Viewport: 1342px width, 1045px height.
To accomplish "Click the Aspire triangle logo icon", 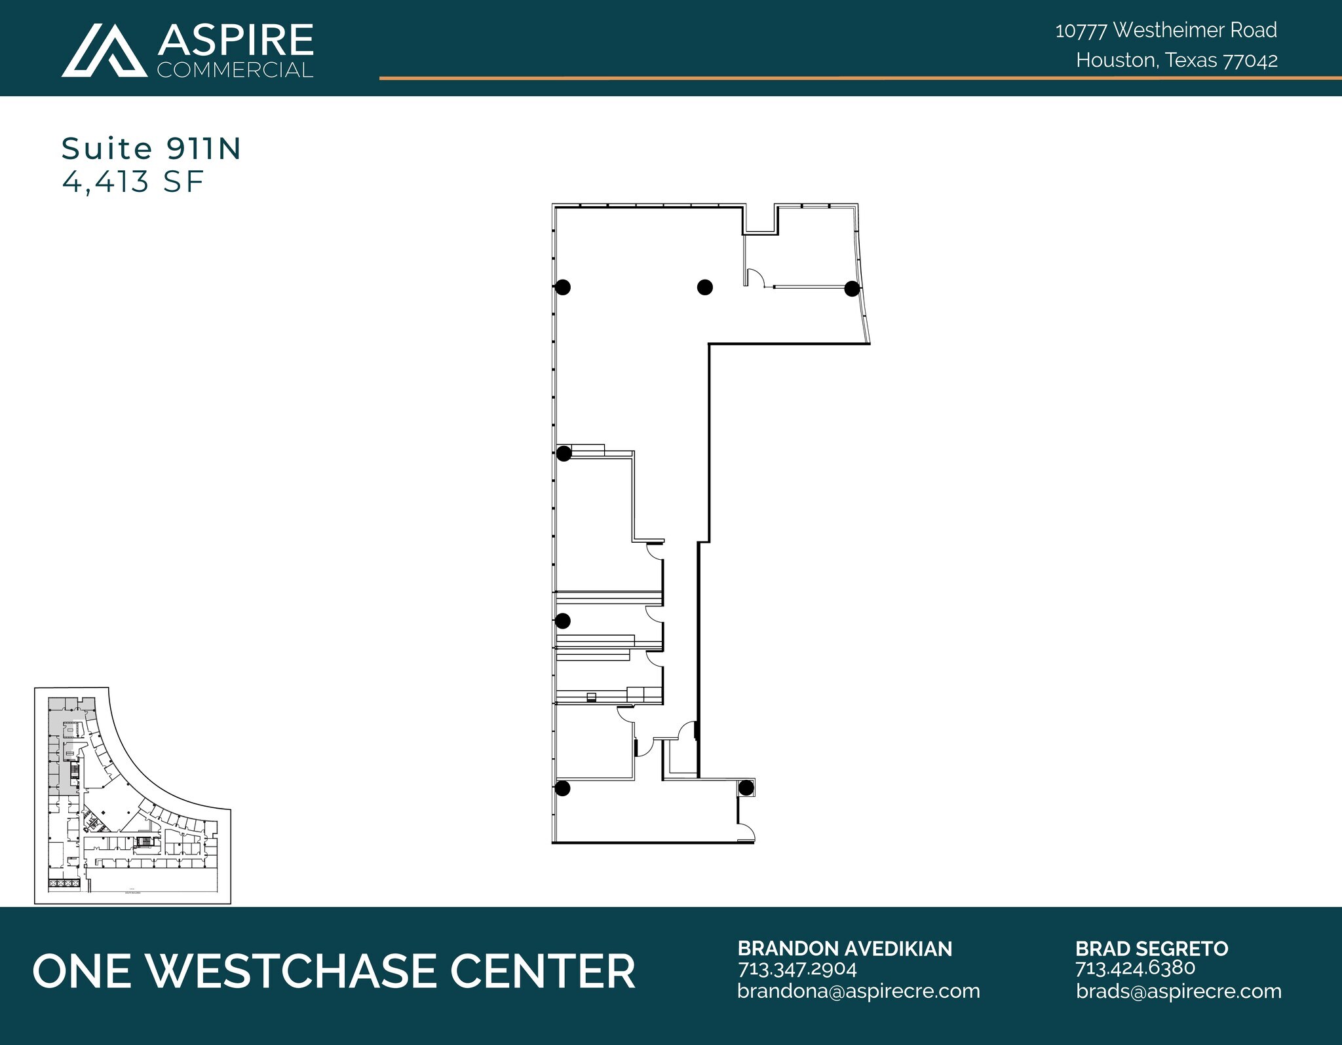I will (x=104, y=50).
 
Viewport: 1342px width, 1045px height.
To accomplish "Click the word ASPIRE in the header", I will (x=235, y=41).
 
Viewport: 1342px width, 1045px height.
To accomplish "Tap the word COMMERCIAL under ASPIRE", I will (x=235, y=70).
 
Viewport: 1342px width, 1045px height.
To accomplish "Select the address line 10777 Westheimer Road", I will (x=1166, y=30).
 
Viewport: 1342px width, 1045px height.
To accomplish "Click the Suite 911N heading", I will (x=151, y=149).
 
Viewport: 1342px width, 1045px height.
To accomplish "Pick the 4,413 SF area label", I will (x=133, y=181).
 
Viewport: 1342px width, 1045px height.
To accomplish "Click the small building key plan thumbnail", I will (x=132, y=796).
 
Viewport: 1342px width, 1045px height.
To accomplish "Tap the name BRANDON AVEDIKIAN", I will (x=845, y=949).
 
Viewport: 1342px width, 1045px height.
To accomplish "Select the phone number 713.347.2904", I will (x=797, y=968).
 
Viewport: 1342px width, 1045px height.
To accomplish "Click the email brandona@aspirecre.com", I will (x=858, y=991).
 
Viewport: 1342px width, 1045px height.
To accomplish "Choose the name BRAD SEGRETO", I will (x=1151, y=949).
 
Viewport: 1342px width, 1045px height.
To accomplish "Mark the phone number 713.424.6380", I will (x=1135, y=968).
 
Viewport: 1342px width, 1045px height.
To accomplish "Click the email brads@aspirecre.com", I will (x=1178, y=991).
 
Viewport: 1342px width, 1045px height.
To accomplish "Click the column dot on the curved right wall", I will (x=852, y=289).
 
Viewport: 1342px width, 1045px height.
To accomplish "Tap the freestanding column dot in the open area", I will (x=704, y=287).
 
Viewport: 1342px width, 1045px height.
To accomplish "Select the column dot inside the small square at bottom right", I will (x=746, y=788).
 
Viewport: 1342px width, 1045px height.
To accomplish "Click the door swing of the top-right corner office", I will (x=756, y=277).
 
